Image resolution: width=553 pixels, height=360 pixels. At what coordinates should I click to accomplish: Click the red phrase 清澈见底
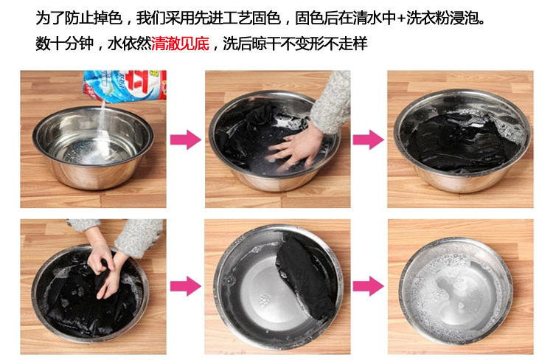180,44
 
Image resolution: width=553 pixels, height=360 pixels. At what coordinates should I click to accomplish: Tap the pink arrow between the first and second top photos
186,139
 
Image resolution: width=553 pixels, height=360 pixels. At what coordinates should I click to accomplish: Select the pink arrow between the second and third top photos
368,139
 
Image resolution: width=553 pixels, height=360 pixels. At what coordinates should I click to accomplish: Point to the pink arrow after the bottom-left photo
186,286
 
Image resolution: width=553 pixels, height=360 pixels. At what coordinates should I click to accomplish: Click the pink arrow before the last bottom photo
368,286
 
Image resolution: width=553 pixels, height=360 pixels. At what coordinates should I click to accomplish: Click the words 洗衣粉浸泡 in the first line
445,18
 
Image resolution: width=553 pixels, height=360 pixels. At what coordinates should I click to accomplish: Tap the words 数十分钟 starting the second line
65,44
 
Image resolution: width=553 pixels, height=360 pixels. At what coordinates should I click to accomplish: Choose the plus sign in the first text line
401,18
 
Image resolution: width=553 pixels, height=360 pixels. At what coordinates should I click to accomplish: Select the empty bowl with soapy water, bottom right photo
456,291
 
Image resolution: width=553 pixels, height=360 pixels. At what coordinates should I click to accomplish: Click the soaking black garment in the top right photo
459,143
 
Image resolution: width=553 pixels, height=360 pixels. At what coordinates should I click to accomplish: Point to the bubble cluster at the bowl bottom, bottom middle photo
264,300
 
